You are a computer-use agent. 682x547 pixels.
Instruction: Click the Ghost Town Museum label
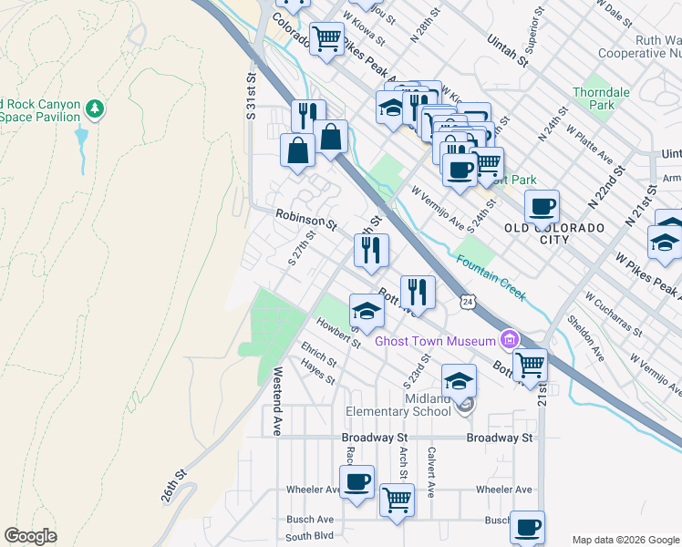pyautogui.click(x=435, y=342)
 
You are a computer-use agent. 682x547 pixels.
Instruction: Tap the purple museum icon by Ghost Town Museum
pyautogui.click(x=509, y=341)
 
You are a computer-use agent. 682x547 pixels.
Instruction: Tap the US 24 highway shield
pyautogui.click(x=468, y=301)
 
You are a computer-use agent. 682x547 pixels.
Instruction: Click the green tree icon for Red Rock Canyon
pyautogui.click(x=94, y=109)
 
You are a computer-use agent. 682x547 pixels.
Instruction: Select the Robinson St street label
pyautogui.click(x=306, y=218)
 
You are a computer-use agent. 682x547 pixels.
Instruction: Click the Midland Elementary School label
pyautogui.click(x=413, y=405)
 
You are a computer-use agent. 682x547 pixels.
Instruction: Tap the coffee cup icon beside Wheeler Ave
pyautogui.click(x=356, y=480)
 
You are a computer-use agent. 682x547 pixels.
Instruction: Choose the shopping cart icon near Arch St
pyautogui.click(x=397, y=500)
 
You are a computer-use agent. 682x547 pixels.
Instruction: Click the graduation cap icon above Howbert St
pyautogui.click(x=367, y=311)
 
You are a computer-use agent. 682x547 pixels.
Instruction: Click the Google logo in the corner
pyautogui.click(x=30, y=536)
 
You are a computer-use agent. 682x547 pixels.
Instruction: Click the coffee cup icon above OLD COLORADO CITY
pyautogui.click(x=542, y=207)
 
